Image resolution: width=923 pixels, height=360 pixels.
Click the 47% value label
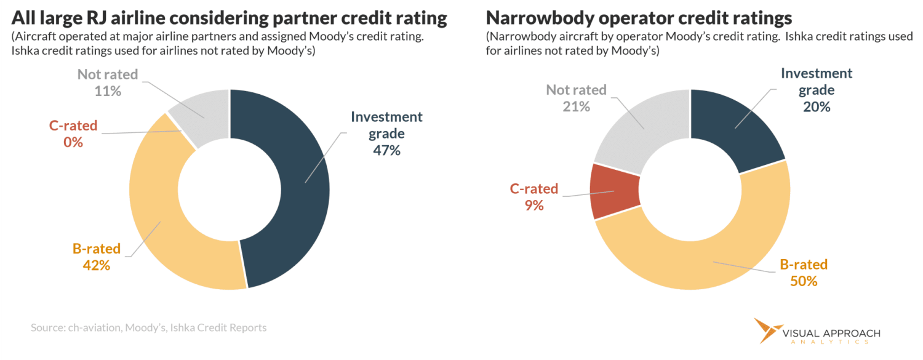[386, 150]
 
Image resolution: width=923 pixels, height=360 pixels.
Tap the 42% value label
[96, 266]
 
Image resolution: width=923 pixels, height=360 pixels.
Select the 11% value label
[108, 90]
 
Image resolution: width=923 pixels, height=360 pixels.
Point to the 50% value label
[804, 281]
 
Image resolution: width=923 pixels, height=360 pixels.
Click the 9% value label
[533, 206]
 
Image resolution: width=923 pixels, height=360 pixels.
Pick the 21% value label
[576, 106]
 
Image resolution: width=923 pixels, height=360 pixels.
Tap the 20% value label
[817, 106]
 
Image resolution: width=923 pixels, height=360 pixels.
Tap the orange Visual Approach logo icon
[766, 329]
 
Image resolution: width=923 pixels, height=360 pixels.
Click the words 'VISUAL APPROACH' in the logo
[831, 334]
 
